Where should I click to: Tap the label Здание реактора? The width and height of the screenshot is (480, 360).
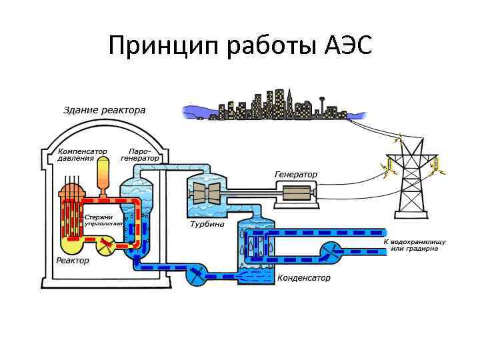(105, 110)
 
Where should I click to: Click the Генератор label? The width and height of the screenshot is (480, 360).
(296, 175)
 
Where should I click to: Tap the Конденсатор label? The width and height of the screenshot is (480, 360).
(303, 278)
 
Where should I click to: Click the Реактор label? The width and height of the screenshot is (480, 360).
(73, 261)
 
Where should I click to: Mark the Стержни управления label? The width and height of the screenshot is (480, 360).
(101, 221)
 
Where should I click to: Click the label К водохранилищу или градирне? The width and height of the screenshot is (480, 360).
(415, 245)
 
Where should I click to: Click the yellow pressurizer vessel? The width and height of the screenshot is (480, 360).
(103, 175)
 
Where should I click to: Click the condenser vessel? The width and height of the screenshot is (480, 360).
(255, 249)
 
